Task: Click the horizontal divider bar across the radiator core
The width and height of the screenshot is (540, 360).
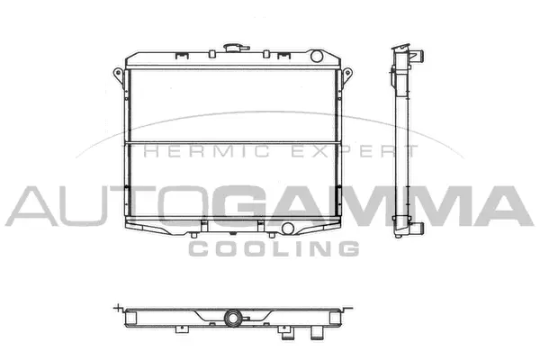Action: pyautogui.click(x=234, y=144)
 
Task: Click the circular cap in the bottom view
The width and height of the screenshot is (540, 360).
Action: pyautogui.click(x=234, y=318)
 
